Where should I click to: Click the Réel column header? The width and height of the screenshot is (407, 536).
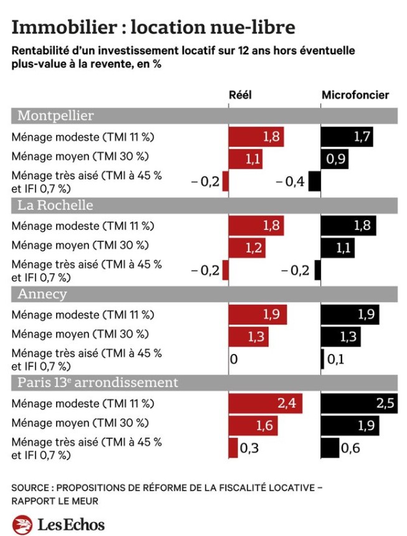tap(241, 95)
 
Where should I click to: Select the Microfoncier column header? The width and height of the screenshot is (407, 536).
tap(355, 95)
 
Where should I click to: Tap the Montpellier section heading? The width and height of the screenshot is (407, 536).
tap(56, 116)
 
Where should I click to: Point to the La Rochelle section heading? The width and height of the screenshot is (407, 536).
tap(55, 205)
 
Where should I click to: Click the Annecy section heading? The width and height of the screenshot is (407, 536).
tap(42, 294)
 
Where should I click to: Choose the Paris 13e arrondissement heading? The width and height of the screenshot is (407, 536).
tap(98, 382)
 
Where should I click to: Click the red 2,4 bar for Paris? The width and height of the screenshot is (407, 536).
tap(266, 403)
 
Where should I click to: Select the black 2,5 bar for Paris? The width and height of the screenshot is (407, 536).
tap(358, 403)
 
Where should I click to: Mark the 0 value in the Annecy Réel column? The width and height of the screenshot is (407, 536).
tap(234, 360)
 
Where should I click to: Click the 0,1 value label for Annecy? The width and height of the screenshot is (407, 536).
tap(335, 360)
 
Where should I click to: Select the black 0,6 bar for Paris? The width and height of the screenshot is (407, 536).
tap(330, 447)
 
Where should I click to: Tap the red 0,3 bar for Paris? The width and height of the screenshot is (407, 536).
tap(233, 447)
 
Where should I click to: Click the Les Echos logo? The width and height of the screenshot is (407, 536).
tap(59, 524)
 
